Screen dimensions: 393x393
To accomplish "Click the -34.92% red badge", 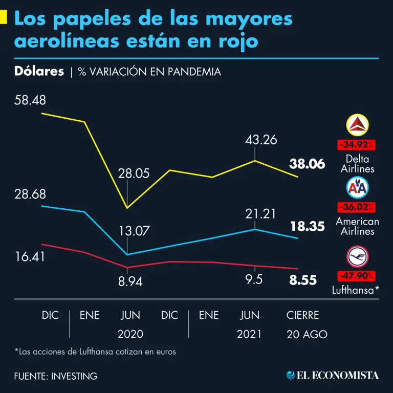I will point(356,144).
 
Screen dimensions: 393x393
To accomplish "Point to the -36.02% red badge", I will point(356,208).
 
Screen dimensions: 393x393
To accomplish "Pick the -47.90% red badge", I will point(356,276).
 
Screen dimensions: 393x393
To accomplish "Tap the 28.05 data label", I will point(134,173).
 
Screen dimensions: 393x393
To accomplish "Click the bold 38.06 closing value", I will point(307,164).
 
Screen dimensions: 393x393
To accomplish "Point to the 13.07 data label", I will point(134,231).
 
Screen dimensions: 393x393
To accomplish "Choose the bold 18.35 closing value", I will point(307,227).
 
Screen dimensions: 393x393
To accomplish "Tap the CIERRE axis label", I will point(302,315).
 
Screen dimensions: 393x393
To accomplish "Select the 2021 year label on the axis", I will point(249,334).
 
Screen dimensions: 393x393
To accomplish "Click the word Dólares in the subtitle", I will point(39,72).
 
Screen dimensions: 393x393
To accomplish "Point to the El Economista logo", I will point(333,375).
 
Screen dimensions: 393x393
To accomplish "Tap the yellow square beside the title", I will point(4,18).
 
